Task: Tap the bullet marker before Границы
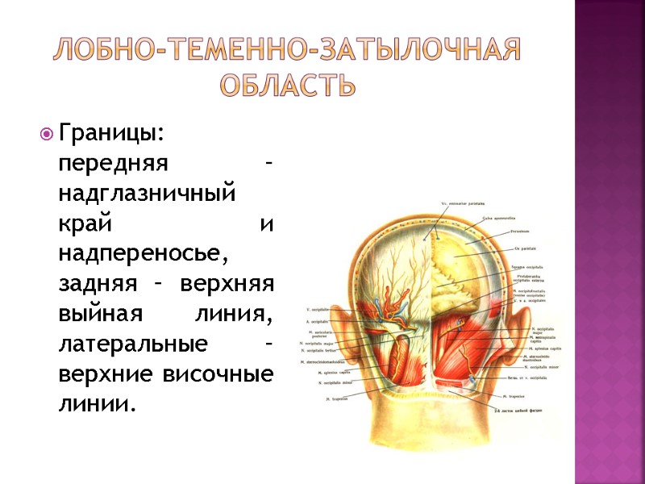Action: click(x=46, y=132)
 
